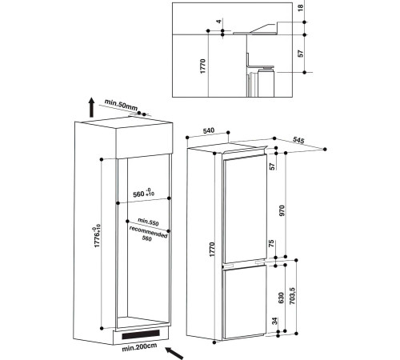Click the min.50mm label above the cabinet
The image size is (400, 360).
click(x=121, y=105)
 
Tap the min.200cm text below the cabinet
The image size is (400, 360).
click(x=139, y=347)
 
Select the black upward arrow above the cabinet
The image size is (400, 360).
click(x=91, y=107)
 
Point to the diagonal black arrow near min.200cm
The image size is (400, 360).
click(x=174, y=353)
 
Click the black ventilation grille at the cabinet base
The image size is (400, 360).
click(x=141, y=334)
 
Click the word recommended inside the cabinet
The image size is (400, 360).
click(x=148, y=232)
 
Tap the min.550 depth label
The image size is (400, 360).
click(x=148, y=222)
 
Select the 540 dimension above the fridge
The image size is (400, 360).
click(x=209, y=130)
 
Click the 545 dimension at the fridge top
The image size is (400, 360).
click(x=298, y=140)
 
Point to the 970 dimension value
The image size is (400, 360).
click(x=282, y=210)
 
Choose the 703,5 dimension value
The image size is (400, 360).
click(x=293, y=296)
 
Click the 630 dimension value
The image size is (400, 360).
click(x=281, y=298)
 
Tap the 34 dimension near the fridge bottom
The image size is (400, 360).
click(x=275, y=321)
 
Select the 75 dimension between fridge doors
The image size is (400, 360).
click(x=271, y=243)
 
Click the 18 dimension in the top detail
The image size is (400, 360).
click(x=301, y=8)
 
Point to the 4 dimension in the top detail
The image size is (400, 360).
click(x=219, y=22)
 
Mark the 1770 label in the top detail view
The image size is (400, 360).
click(x=203, y=66)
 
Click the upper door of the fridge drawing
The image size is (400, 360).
click(x=246, y=210)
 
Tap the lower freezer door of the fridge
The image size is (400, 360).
click(x=245, y=302)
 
